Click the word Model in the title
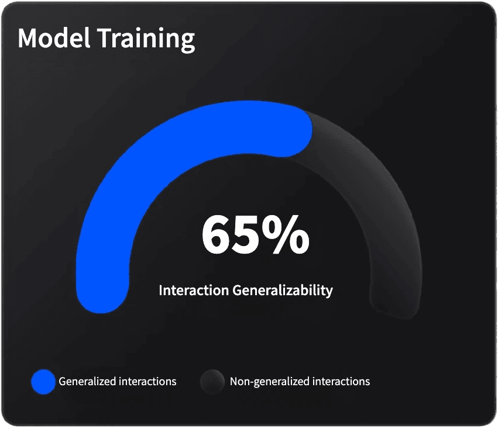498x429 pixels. click(53, 39)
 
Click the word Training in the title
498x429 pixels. click(146, 39)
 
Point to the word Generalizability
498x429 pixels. click(283, 290)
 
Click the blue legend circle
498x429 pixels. click(43, 382)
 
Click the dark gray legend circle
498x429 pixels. click(212, 382)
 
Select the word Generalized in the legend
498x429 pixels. click(87, 382)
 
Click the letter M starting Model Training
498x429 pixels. click(29, 39)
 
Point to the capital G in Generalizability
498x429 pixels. click(238, 290)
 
